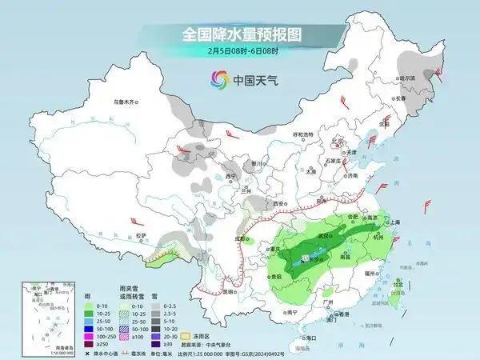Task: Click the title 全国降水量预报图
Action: pyautogui.click(x=240, y=35)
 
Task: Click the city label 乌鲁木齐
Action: pyautogui.click(x=126, y=102)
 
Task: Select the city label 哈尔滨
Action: pyautogui.click(x=407, y=78)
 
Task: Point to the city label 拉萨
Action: pyautogui.click(x=142, y=235)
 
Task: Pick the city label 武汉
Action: pyautogui.click(x=326, y=235)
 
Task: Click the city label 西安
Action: pyautogui.click(x=279, y=204)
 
